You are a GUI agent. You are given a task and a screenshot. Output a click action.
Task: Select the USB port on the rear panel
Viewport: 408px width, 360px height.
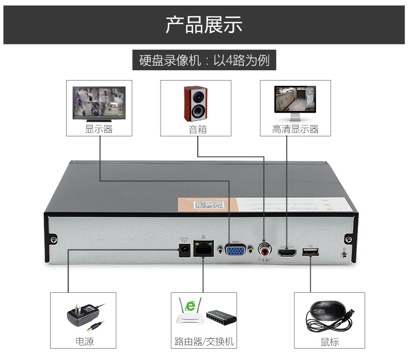coord(310,252)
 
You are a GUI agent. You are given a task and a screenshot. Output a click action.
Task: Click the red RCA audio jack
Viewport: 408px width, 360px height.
coord(265,251)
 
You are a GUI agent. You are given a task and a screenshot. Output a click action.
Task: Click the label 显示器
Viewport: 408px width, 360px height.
coord(99,129)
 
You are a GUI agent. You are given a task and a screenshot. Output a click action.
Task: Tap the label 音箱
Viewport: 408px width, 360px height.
coord(197,129)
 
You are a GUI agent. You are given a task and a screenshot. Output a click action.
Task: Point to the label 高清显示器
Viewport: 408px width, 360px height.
coord(295,129)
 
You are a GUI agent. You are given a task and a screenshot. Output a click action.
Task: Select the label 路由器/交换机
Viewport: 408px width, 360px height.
coord(204,341)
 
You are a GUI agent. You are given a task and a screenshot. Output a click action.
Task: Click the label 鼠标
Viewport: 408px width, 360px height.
coord(329,341)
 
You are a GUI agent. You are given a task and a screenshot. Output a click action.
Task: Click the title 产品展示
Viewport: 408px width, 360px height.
coord(203,24)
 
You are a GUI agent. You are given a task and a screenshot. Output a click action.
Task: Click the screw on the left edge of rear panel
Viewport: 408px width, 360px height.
coord(54,239)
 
